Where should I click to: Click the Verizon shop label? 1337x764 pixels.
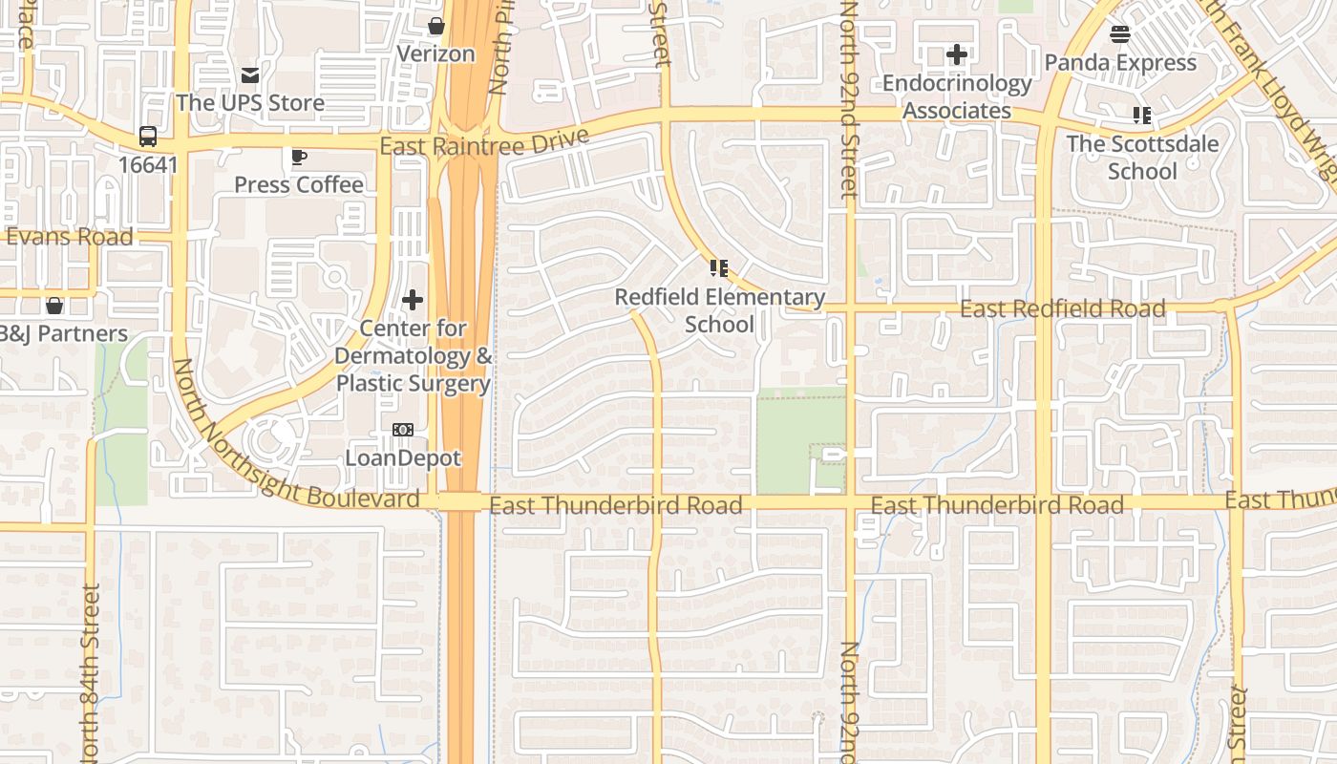click(x=435, y=53)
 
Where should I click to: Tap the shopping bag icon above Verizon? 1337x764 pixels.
click(x=436, y=26)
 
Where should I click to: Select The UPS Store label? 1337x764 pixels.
click(x=250, y=102)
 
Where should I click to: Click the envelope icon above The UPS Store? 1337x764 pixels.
click(x=250, y=74)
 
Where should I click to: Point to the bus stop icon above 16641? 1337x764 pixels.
click(x=148, y=137)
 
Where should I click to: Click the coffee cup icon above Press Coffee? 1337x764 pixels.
click(x=299, y=157)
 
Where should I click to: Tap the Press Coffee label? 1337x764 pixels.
click(x=299, y=184)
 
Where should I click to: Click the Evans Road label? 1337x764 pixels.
click(x=70, y=237)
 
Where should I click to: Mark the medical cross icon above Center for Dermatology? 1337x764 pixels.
click(x=413, y=301)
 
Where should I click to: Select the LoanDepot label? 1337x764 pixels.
click(x=403, y=457)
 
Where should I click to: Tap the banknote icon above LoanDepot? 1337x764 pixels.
click(x=403, y=430)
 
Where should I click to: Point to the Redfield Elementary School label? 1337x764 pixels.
click(x=719, y=310)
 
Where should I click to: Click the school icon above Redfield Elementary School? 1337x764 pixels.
click(x=719, y=268)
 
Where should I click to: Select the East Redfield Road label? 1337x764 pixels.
click(x=1062, y=308)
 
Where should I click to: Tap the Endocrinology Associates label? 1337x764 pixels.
click(x=957, y=96)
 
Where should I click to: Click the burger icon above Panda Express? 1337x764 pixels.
click(x=1120, y=34)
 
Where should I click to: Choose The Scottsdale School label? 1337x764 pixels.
click(x=1142, y=158)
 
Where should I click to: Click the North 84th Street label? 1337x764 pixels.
click(x=91, y=673)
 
